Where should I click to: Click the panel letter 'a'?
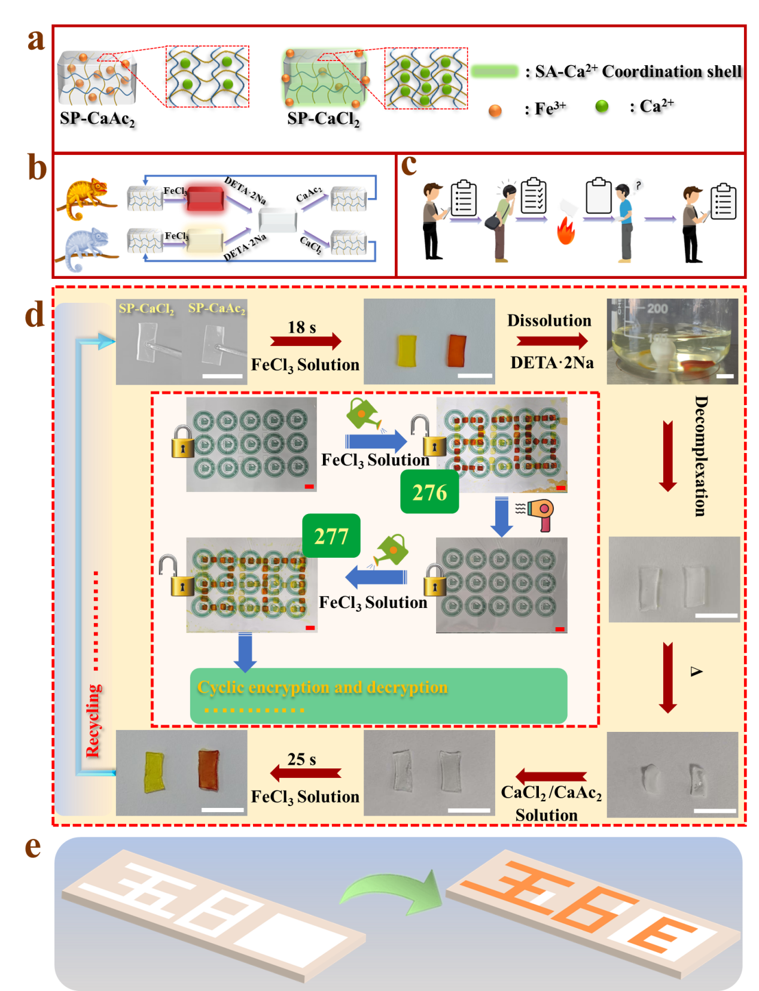tap(36, 40)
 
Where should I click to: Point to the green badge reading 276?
tap(429, 492)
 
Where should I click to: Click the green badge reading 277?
tap(331, 536)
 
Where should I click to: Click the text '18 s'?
tap(301, 327)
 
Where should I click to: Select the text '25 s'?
tap(301, 759)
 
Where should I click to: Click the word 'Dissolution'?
tap(549, 321)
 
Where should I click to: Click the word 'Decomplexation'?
tap(700, 455)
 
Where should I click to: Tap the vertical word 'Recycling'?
tap(94, 721)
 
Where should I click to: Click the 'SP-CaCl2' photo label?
tap(147, 309)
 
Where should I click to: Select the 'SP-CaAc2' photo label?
tap(217, 308)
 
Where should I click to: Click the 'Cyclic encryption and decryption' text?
tap(322, 687)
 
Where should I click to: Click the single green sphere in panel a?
tap(602, 106)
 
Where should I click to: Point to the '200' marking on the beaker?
tap(657, 309)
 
